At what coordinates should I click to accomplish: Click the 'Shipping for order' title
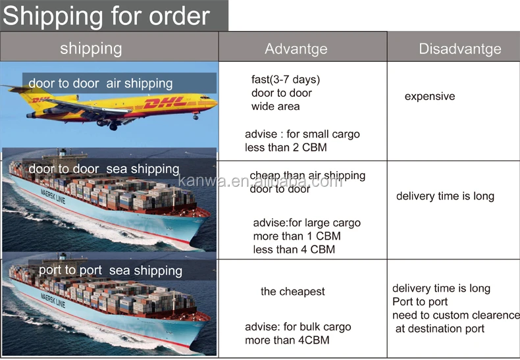click(x=107, y=16)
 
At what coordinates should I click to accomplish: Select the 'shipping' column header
click(x=91, y=48)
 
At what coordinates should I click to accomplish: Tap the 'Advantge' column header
click(x=296, y=49)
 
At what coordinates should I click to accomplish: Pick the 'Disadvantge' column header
click(x=459, y=49)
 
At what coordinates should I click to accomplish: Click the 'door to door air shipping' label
click(x=100, y=84)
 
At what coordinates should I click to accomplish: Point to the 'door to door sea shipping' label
click(x=103, y=169)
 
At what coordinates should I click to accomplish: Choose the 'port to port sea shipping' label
click(x=110, y=270)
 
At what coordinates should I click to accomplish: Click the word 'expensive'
click(x=429, y=97)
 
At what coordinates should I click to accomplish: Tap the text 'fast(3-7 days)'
click(x=285, y=80)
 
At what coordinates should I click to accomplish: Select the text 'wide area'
click(x=275, y=107)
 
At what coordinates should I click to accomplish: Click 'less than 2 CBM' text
click(x=286, y=147)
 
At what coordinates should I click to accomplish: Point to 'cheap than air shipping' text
click(x=307, y=176)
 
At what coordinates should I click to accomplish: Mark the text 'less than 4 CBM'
click(x=294, y=249)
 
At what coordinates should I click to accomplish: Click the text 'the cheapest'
click(x=292, y=292)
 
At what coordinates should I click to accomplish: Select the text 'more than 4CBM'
click(x=287, y=340)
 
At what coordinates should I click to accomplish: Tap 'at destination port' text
click(x=440, y=328)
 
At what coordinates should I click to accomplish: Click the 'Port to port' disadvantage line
click(x=420, y=302)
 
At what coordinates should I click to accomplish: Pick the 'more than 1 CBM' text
click(x=296, y=236)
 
